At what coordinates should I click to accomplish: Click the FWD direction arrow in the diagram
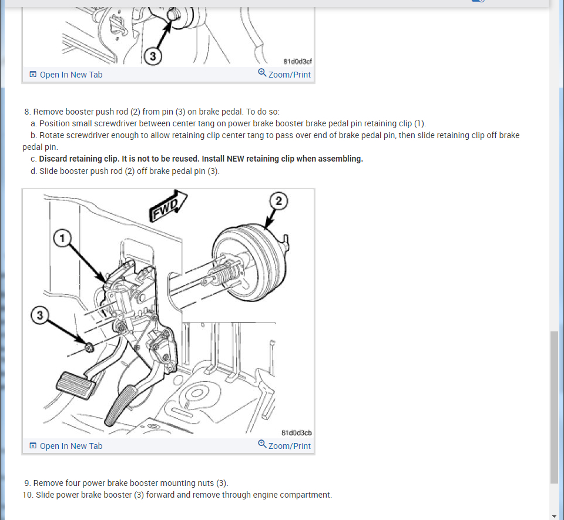pos(168,206)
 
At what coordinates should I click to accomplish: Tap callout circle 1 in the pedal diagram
pos(62,239)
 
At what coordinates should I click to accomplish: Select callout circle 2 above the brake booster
pos(278,201)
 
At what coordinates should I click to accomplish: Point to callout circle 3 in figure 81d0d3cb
pos(40,316)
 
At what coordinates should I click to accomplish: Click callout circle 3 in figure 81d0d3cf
pos(153,56)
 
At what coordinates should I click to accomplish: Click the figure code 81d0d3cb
pos(296,432)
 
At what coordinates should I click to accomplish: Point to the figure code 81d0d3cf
pos(297,62)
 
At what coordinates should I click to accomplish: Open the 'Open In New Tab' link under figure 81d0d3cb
pos(66,446)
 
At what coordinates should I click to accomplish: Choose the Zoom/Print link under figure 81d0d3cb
pos(284,445)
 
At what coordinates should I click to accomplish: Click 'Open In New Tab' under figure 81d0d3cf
pos(66,75)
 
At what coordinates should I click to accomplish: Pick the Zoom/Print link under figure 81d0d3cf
pos(284,74)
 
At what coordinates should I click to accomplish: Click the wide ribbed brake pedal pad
pos(76,385)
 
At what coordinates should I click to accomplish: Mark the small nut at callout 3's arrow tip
pos(89,347)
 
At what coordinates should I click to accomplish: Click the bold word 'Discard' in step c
pos(53,159)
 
